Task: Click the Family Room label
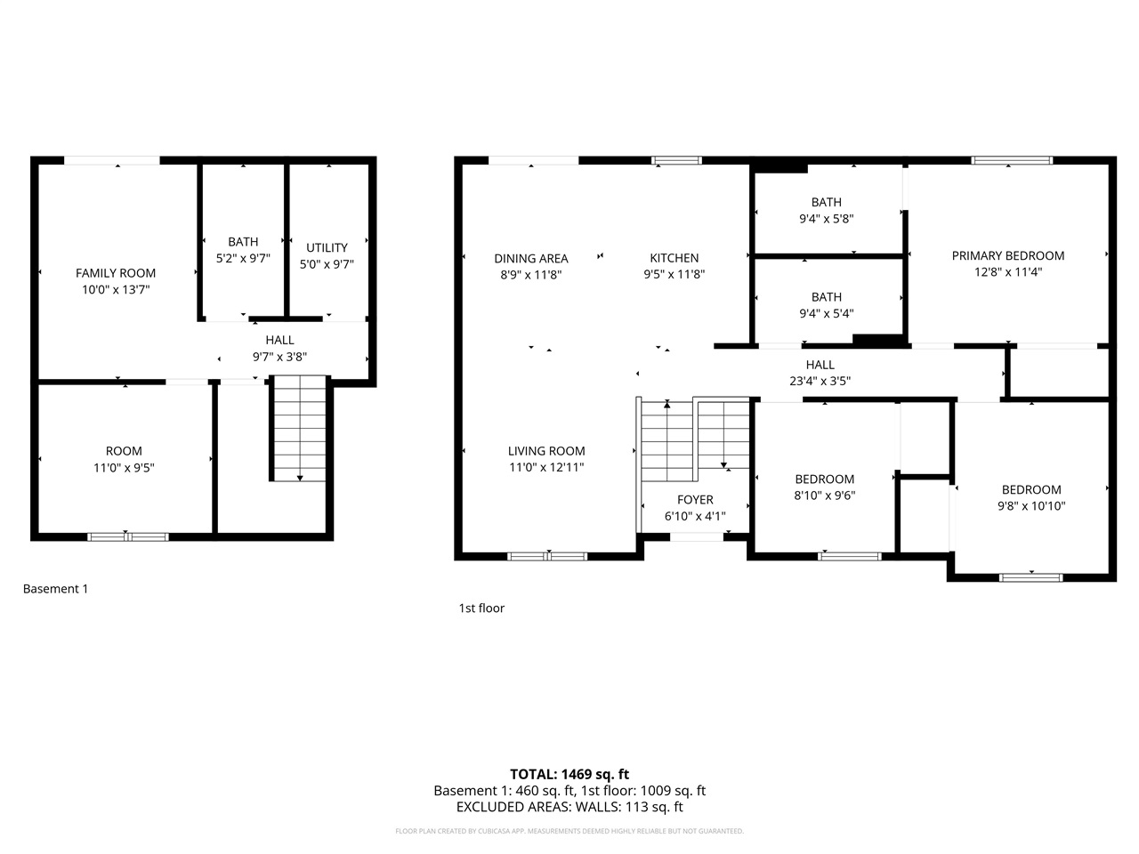116,273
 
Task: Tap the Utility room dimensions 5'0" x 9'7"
327,263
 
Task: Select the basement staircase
299,428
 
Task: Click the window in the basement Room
127,536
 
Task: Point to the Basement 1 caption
55,589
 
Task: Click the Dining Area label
531,259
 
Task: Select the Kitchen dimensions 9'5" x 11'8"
675,275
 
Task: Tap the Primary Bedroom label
1007,256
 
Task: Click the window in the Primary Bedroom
1012,161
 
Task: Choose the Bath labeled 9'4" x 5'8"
826,210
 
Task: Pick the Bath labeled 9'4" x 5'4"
826,305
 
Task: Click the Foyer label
695,500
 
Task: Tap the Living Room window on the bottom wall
547,557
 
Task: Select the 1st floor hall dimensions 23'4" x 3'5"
820,381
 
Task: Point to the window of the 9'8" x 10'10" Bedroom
1031,577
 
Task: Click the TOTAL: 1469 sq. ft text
569,774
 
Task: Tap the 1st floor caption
481,608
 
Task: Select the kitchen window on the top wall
676,161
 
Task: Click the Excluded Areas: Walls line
569,808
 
